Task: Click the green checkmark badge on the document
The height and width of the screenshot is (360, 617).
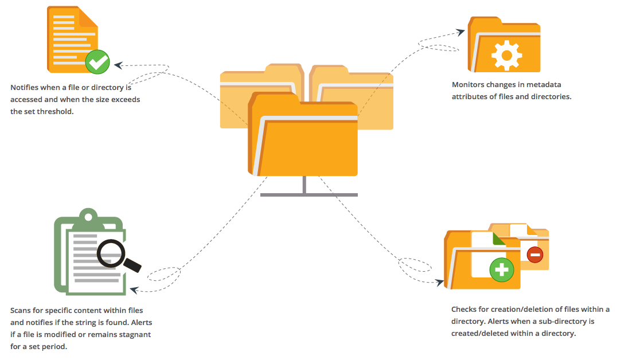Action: [97, 61]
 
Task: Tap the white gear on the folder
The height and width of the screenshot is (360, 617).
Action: [505, 56]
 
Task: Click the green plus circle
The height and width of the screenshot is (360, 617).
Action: [502, 269]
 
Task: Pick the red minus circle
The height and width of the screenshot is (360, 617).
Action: [534, 254]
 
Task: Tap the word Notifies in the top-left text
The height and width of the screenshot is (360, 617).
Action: [25, 88]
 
